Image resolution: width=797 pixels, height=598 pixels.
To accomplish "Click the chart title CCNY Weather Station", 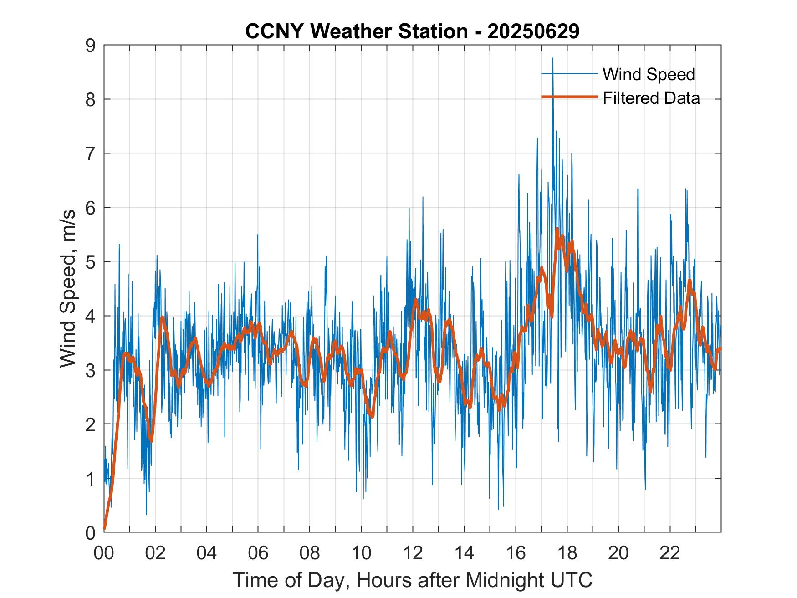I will click(x=357, y=31).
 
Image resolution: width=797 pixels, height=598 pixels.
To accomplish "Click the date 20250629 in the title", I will click(x=533, y=31).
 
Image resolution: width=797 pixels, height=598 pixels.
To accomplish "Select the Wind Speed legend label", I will click(x=649, y=74).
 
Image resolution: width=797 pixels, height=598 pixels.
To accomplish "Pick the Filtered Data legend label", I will click(x=651, y=98).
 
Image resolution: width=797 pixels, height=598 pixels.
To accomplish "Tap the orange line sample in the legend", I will click(x=569, y=97).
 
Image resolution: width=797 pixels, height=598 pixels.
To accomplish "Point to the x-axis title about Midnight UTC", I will click(x=413, y=580).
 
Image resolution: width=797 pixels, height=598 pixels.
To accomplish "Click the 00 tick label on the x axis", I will click(x=104, y=553).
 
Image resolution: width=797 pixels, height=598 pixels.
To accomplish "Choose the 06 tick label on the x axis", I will click(x=258, y=553).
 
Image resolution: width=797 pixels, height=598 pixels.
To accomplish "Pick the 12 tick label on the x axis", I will click(x=413, y=553).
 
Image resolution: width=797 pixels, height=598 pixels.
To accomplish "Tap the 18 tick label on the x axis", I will click(x=567, y=553).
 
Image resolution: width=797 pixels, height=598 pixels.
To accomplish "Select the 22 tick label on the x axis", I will click(x=670, y=553).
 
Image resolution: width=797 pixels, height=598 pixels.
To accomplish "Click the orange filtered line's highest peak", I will click(x=557, y=229).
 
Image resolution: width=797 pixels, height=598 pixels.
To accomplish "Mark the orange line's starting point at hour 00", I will click(x=105, y=529).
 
